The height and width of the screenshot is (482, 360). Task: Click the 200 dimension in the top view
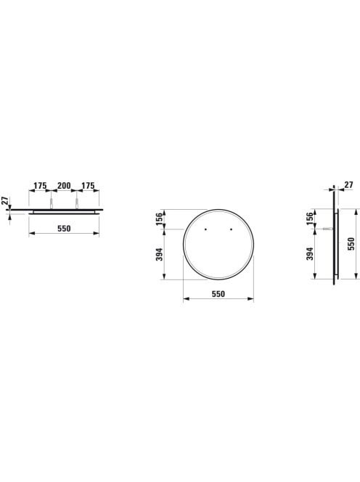[x=64, y=186]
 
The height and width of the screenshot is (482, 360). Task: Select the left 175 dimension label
[x=40, y=186]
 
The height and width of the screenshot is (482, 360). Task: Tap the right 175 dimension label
[x=88, y=186]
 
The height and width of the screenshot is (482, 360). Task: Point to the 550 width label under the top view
[x=64, y=229]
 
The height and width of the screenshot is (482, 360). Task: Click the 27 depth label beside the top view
[x=4, y=201]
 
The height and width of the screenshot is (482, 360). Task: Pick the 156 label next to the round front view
[x=159, y=219]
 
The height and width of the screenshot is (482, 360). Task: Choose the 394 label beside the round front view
[x=159, y=254]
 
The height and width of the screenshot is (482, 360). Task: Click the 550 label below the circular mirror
[x=218, y=294]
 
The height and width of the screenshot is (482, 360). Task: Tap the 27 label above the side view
[x=348, y=185]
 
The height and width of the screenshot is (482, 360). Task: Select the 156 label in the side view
[x=310, y=218]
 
